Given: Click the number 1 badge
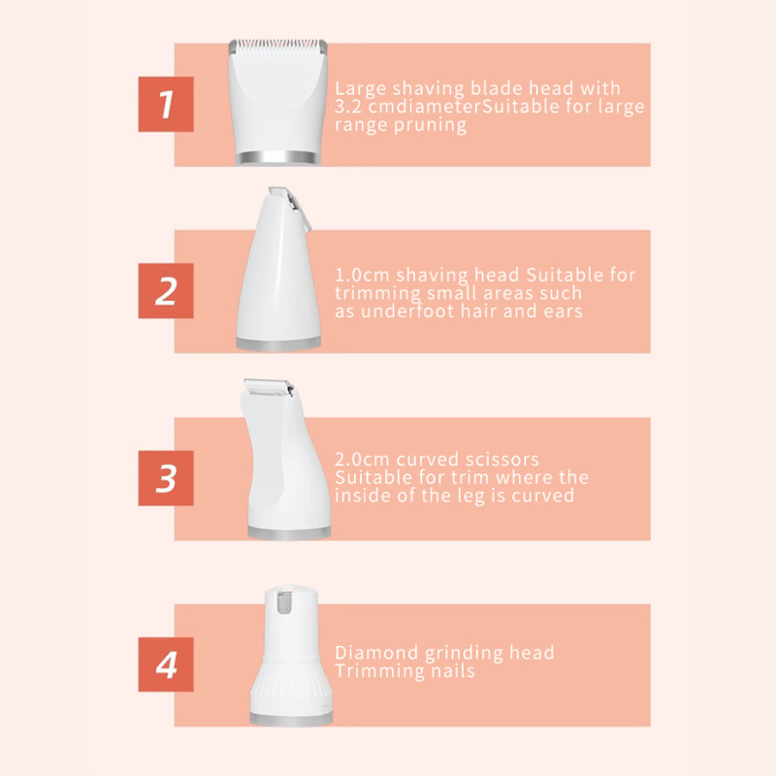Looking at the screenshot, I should pyautogui.click(x=165, y=104).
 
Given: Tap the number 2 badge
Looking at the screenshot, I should pyautogui.click(x=165, y=291).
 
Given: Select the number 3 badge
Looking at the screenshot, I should pyautogui.click(x=165, y=478).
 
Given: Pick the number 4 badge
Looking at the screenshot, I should pyautogui.click(x=165, y=664).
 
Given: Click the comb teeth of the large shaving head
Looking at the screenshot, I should pyautogui.click(x=275, y=47).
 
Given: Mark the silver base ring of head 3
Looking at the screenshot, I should pyautogui.click(x=288, y=531).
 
